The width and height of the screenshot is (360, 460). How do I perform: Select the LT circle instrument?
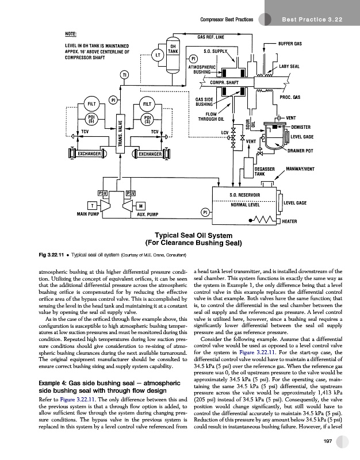(x=156, y=55)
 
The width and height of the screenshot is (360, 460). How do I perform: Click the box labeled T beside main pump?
(x=91, y=206)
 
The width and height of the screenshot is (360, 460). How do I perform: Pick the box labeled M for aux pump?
(x=141, y=206)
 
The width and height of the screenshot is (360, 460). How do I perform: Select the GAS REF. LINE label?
(x=211, y=37)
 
